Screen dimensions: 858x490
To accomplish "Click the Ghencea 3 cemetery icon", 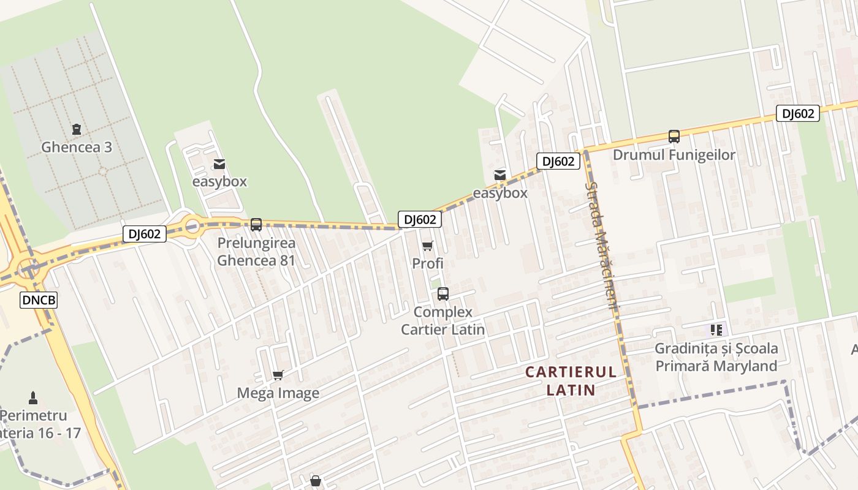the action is (77, 129).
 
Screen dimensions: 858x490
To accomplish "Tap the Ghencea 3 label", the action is (77, 148).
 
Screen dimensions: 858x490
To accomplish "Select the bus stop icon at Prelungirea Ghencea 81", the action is (256, 225).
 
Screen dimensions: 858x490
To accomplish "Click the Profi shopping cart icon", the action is (427, 246).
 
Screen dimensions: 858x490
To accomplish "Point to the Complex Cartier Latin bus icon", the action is (443, 294).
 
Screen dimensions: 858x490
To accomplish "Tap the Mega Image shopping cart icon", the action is (278, 375).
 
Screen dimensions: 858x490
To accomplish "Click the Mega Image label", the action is (278, 393).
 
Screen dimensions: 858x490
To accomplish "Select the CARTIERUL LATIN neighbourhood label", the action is (571, 380).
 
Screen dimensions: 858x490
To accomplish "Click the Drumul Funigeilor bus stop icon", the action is (674, 137).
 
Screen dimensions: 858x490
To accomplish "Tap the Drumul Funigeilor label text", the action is (674, 155).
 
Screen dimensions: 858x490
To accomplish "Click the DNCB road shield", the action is (39, 300).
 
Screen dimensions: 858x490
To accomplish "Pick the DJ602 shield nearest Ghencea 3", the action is (145, 233).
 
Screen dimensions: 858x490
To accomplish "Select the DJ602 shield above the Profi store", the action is (420, 219).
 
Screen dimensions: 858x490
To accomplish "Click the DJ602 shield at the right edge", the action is (797, 113).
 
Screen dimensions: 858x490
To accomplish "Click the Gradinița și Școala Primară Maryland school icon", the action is (716, 330).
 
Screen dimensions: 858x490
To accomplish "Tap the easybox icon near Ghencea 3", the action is (219, 164).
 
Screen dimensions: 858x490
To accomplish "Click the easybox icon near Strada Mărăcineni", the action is (500, 175).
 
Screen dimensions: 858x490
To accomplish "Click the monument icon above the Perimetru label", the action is (33, 398).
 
